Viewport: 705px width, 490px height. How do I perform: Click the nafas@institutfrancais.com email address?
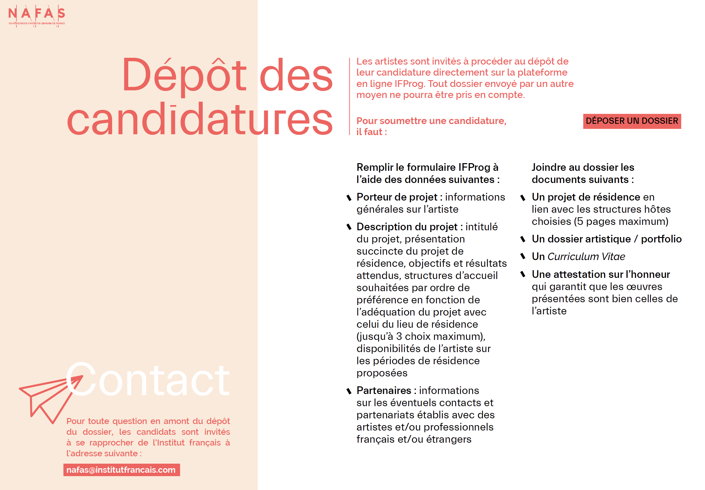click(121, 470)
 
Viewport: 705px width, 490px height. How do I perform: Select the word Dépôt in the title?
click(184, 76)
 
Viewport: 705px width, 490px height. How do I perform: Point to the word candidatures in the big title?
click(200, 120)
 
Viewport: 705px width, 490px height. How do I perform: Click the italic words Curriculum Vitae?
click(586, 257)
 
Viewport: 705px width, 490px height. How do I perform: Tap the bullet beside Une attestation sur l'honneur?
click(523, 274)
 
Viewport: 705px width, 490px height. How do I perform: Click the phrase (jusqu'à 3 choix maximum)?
click(420, 336)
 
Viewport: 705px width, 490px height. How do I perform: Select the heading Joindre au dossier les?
click(582, 167)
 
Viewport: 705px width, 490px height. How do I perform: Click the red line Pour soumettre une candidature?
click(431, 121)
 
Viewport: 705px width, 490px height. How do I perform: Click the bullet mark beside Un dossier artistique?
click(523, 239)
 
